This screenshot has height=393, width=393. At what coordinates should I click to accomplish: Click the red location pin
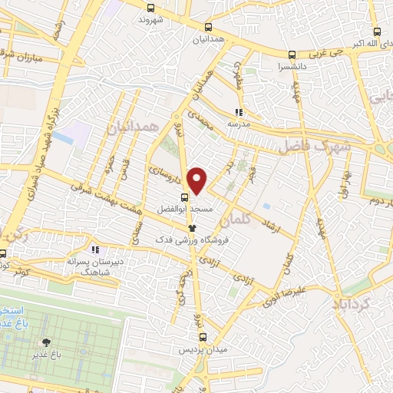(x=198, y=180)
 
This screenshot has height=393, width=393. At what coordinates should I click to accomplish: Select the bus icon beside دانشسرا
(x=290, y=54)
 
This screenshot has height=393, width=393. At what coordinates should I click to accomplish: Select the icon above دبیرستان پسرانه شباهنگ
(x=94, y=249)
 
